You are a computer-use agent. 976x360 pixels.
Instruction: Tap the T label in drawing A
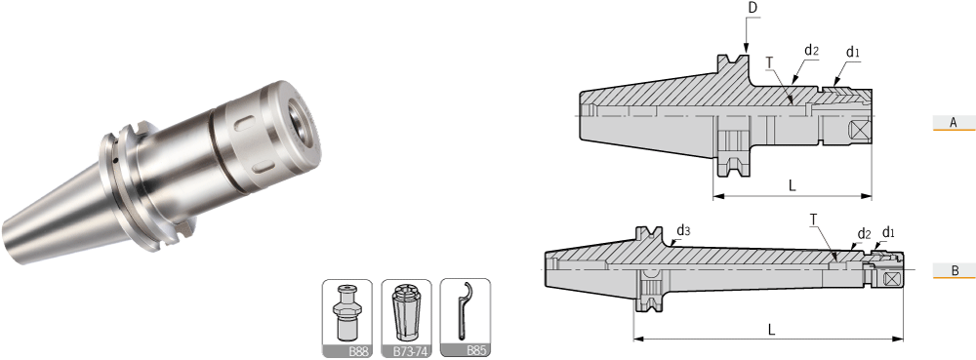pos(769,61)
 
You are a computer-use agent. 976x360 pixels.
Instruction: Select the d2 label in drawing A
pos(811,51)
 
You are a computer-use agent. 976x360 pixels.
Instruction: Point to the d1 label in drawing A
pos(852,53)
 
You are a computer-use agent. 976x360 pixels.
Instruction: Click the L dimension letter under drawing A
pos(792,186)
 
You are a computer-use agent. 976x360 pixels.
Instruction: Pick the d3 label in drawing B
pos(683,231)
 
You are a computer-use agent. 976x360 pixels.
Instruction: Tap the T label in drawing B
pos(813,219)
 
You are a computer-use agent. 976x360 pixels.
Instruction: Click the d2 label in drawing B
pos(864,234)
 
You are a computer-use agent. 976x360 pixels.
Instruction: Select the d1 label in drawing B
pos(889,232)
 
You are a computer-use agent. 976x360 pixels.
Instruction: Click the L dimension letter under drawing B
pos(771,331)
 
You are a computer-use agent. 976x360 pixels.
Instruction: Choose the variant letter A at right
pos(953,123)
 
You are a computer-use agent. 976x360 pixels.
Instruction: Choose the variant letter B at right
pos(955,270)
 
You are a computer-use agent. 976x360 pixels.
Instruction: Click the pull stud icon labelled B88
pos(346,318)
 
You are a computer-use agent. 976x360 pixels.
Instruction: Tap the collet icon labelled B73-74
pos(406,318)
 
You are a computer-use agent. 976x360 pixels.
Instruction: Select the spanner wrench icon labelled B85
pos(465,318)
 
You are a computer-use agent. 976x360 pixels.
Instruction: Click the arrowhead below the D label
pos(746,49)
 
